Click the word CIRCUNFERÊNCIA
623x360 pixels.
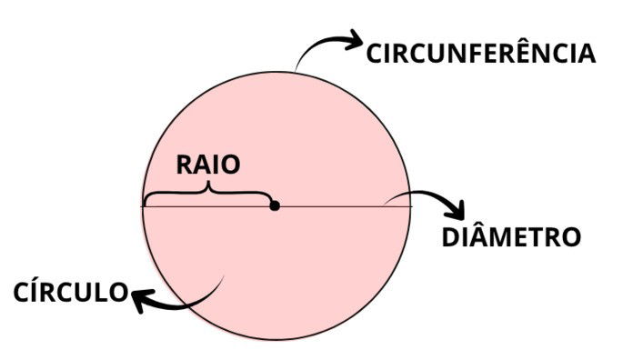pyautogui.click(x=480, y=53)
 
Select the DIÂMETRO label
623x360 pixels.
pyautogui.click(x=510, y=238)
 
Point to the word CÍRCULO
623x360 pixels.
pyautogui.click(x=71, y=293)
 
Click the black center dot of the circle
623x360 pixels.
pyautogui.click(x=275, y=205)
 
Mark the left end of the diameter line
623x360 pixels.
pyautogui.click(x=142, y=205)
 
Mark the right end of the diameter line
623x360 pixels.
pyautogui.click(x=411, y=205)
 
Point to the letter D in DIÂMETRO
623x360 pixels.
pyautogui.click(x=451, y=238)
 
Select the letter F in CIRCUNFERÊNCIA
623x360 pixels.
pyautogui.click(x=480, y=53)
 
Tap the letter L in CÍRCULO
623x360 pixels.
pyautogui.click(x=97, y=293)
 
